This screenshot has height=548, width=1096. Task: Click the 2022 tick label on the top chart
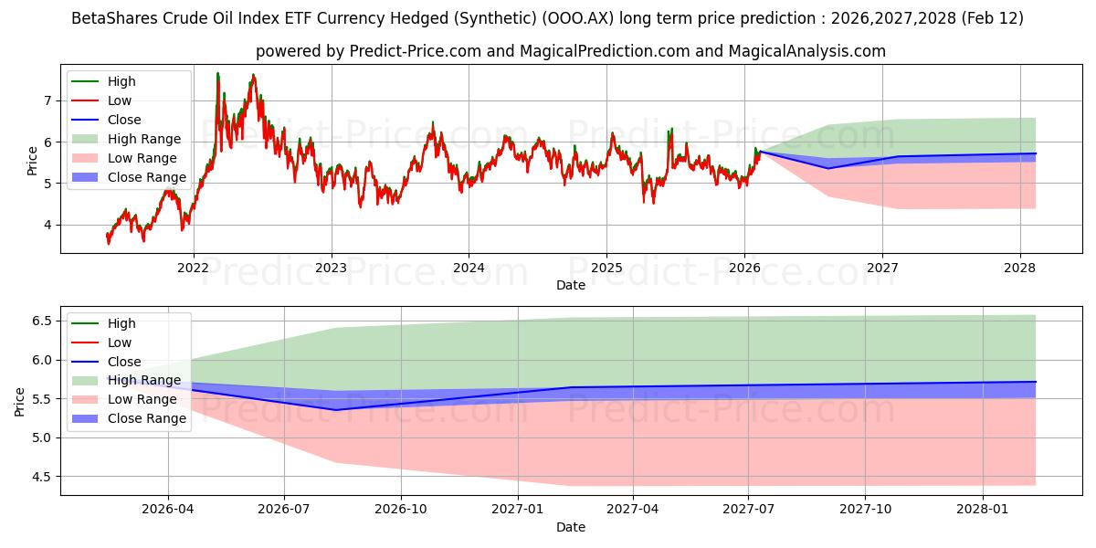193,268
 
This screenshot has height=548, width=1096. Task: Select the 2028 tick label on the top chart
1020,268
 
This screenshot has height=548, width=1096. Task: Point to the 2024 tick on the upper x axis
469,268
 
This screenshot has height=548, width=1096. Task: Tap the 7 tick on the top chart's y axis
47,100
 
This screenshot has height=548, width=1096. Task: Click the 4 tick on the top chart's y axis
47,225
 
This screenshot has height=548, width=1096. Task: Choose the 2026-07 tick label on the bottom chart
284,510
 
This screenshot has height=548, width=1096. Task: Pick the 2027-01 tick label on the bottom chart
518,510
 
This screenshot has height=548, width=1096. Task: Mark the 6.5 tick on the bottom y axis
40,321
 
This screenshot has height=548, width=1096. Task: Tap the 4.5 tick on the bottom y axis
40,477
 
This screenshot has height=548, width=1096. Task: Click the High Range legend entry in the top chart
143,139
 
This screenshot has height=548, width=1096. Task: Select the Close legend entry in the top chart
124,120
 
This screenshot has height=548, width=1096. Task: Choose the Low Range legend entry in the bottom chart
142,399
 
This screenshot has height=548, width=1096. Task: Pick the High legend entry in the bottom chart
121,323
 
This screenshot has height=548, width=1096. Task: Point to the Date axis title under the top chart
571,285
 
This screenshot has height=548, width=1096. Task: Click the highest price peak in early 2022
217,73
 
